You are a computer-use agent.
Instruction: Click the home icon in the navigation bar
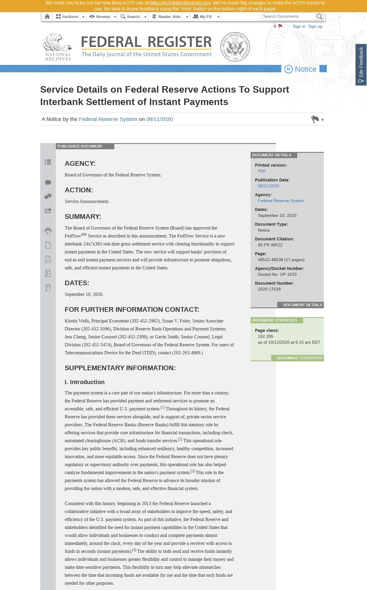47,17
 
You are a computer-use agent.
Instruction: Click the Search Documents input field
288,17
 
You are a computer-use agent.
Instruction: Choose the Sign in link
299,26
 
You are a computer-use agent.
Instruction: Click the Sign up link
315,26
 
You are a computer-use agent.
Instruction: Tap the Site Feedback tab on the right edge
361,65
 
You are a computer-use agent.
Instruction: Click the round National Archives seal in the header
235,47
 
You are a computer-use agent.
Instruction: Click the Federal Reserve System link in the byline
108,119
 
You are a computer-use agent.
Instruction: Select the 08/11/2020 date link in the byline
159,119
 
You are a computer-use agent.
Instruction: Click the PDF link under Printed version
262,171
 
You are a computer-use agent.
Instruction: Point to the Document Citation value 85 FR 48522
270,245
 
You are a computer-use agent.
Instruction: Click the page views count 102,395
265,336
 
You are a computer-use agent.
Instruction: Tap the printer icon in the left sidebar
48,231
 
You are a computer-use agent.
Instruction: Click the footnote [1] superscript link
163,407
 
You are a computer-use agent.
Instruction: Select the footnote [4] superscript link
134,550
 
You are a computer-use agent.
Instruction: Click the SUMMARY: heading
83,217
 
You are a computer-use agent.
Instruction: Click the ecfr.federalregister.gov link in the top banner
180,3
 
